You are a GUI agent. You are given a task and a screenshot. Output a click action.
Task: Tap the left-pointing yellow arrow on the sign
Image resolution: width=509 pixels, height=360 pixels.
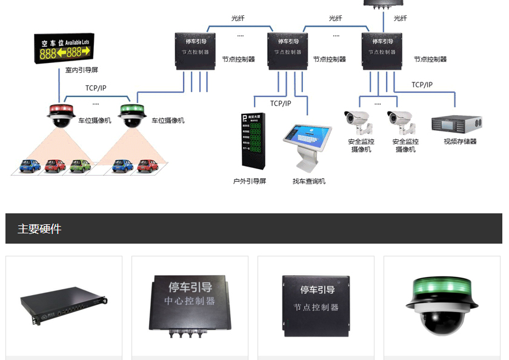tap(61, 53)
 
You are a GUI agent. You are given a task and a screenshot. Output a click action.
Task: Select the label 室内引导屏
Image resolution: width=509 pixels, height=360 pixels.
tap(82, 70)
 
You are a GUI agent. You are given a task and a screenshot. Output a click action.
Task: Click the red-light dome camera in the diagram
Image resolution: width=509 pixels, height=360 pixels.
tap(60, 115)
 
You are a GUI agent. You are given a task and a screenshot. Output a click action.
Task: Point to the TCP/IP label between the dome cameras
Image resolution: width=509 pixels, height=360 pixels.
tap(96, 88)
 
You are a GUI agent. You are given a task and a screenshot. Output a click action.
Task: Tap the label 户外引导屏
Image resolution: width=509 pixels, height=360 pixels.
tap(250, 181)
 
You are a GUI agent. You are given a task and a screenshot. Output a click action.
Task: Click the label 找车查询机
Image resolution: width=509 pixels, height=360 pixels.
tap(309, 181)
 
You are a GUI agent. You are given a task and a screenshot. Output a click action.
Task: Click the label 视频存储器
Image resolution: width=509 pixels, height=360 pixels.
tap(460, 142)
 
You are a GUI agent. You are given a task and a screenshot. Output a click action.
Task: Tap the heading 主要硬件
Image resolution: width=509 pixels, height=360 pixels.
tap(39, 229)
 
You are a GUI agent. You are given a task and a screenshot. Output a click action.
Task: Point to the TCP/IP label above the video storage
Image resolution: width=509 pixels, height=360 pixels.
tap(422, 85)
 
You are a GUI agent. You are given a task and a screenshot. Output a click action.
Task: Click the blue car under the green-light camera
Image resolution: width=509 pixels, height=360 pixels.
tap(120, 165)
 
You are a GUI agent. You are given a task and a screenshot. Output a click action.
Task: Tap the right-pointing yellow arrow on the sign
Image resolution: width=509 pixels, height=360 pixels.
tap(93, 53)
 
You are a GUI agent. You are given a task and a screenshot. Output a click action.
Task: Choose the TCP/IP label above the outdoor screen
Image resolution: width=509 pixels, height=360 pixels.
tap(281, 104)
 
